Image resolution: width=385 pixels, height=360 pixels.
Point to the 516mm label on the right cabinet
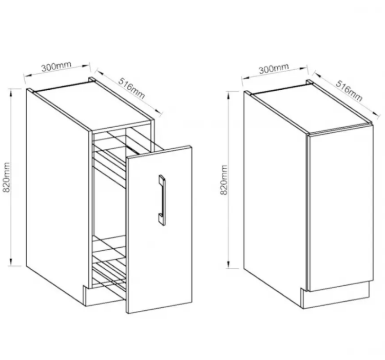tap(349, 91)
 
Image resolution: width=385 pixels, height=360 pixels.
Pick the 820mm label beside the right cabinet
tap(225, 181)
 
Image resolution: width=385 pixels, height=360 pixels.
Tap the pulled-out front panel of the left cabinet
tap(159, 241)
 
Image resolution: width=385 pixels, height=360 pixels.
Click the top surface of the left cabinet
tap(92, 103)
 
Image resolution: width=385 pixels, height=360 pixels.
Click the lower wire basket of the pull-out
tap(110, 267)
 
